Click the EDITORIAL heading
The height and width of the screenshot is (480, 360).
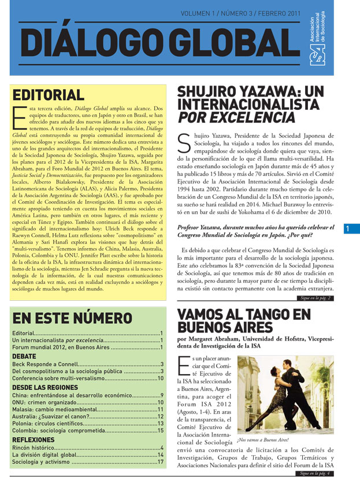click(x=49, y=95)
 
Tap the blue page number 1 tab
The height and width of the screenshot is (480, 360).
click(x=348, y=229)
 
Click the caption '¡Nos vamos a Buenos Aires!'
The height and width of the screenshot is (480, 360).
click(x=268, y=440)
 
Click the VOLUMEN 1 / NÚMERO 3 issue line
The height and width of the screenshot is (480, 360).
click(x=241, y=12)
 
